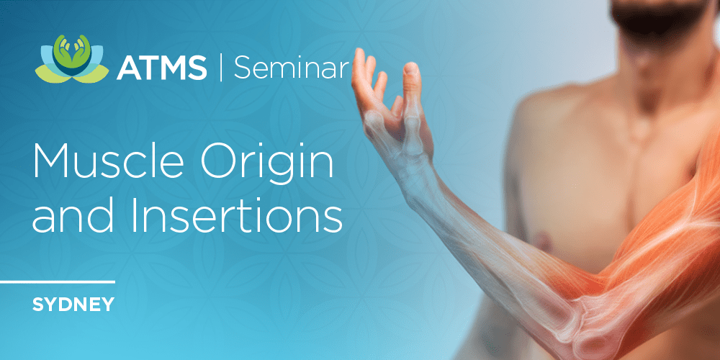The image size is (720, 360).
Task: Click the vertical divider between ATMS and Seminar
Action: [x=220, y=68]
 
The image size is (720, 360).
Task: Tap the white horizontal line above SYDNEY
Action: [x=58, y=282]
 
